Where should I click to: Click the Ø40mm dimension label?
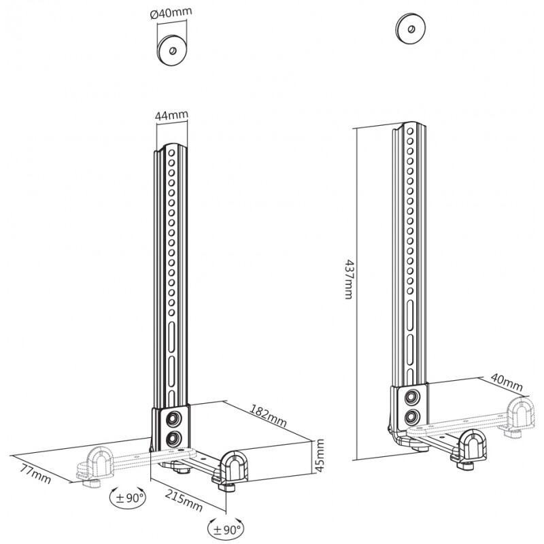pos(173,12)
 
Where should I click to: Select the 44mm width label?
pos(171,116)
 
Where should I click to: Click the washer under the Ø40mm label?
pos(172,50)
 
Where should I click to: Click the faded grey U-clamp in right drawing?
pos(520,415)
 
